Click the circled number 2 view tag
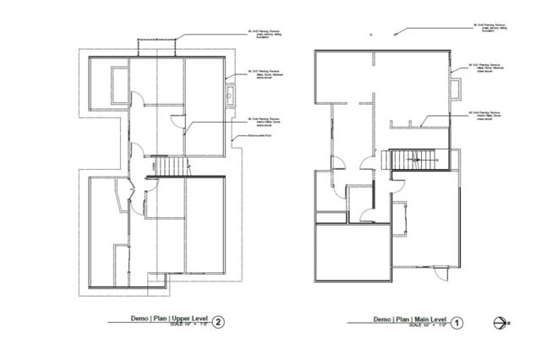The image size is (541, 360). [220, 322]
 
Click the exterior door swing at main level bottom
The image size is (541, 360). [438, 273]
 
